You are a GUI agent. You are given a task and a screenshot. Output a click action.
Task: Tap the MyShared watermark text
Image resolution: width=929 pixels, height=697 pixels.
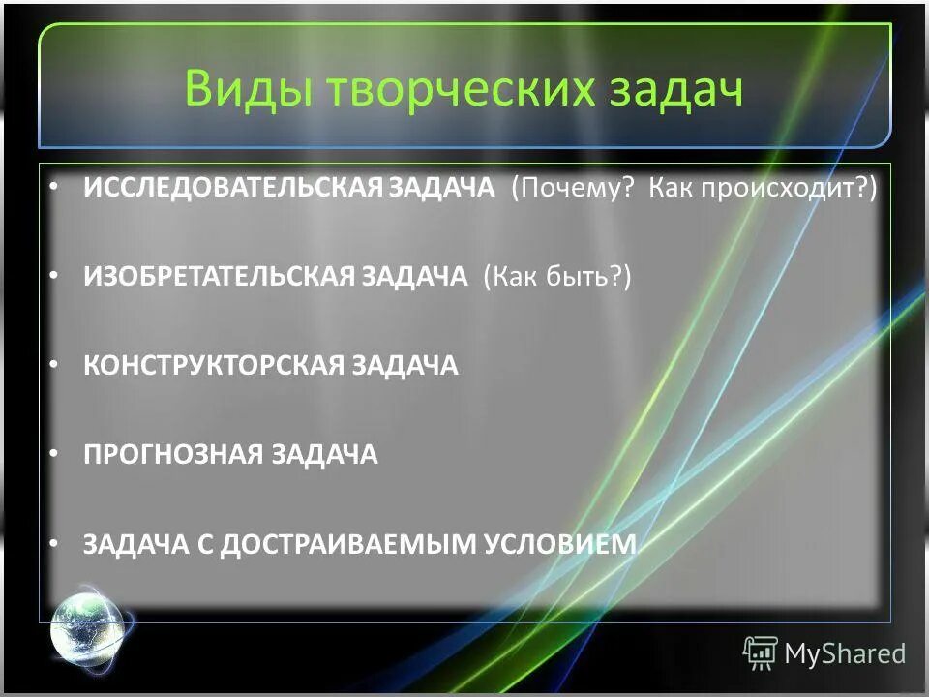[845, 653]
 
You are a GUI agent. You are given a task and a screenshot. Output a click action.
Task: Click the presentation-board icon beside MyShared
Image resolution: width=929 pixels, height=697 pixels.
[760, 653]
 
